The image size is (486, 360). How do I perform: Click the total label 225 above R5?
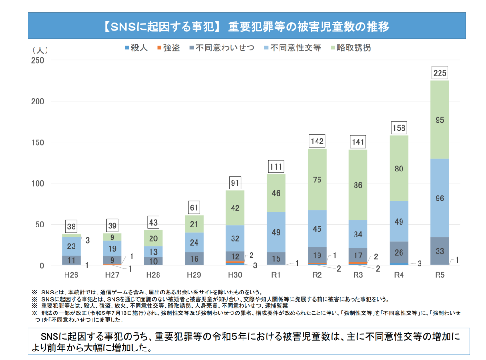[x=439, y=73]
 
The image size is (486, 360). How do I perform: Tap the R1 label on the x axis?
[x=276, y=275]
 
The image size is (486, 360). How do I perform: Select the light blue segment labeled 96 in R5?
[x=439, y=198]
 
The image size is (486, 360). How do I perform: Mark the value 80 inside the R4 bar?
[x=399, y=168]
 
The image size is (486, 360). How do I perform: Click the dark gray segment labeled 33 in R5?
[x=439, y=251]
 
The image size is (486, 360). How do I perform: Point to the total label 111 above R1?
[x=276, y=167]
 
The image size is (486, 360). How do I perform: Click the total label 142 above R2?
[x=317, y=142]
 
